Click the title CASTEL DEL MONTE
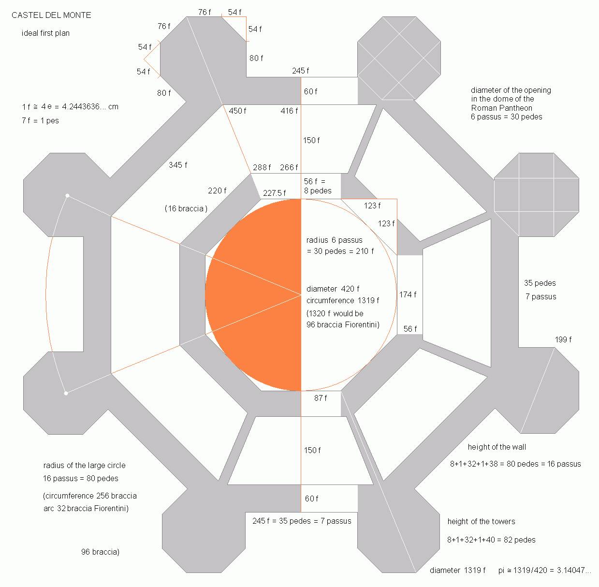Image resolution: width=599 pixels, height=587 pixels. (51, 15)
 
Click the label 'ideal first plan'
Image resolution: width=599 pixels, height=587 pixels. (46, 33)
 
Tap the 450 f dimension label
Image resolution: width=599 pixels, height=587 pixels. (237, 111)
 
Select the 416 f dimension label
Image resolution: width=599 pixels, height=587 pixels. (289, 111)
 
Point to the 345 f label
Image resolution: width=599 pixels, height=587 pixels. (178, 165)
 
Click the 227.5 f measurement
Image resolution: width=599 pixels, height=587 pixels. (275, 193)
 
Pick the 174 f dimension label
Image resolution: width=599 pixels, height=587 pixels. (408, 294)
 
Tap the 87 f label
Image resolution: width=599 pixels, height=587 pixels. (321, 398)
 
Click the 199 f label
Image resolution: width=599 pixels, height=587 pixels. (563, 339)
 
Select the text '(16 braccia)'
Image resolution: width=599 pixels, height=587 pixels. (186, 208)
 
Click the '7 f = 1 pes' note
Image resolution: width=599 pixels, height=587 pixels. (41, 120)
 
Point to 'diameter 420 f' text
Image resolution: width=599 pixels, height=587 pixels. (333, 289)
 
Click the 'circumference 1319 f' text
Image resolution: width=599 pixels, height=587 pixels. (343, 301)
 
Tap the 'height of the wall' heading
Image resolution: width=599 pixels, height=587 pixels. (497, 447)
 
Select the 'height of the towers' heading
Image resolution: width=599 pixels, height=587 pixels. (481, 521)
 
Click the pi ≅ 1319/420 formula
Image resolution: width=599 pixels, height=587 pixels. (544, 570)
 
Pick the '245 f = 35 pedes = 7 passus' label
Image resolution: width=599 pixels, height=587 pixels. (302, 521)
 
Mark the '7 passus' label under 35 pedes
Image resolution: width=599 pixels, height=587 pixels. (541, 296)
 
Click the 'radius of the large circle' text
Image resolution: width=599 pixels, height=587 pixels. (84, 466)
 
